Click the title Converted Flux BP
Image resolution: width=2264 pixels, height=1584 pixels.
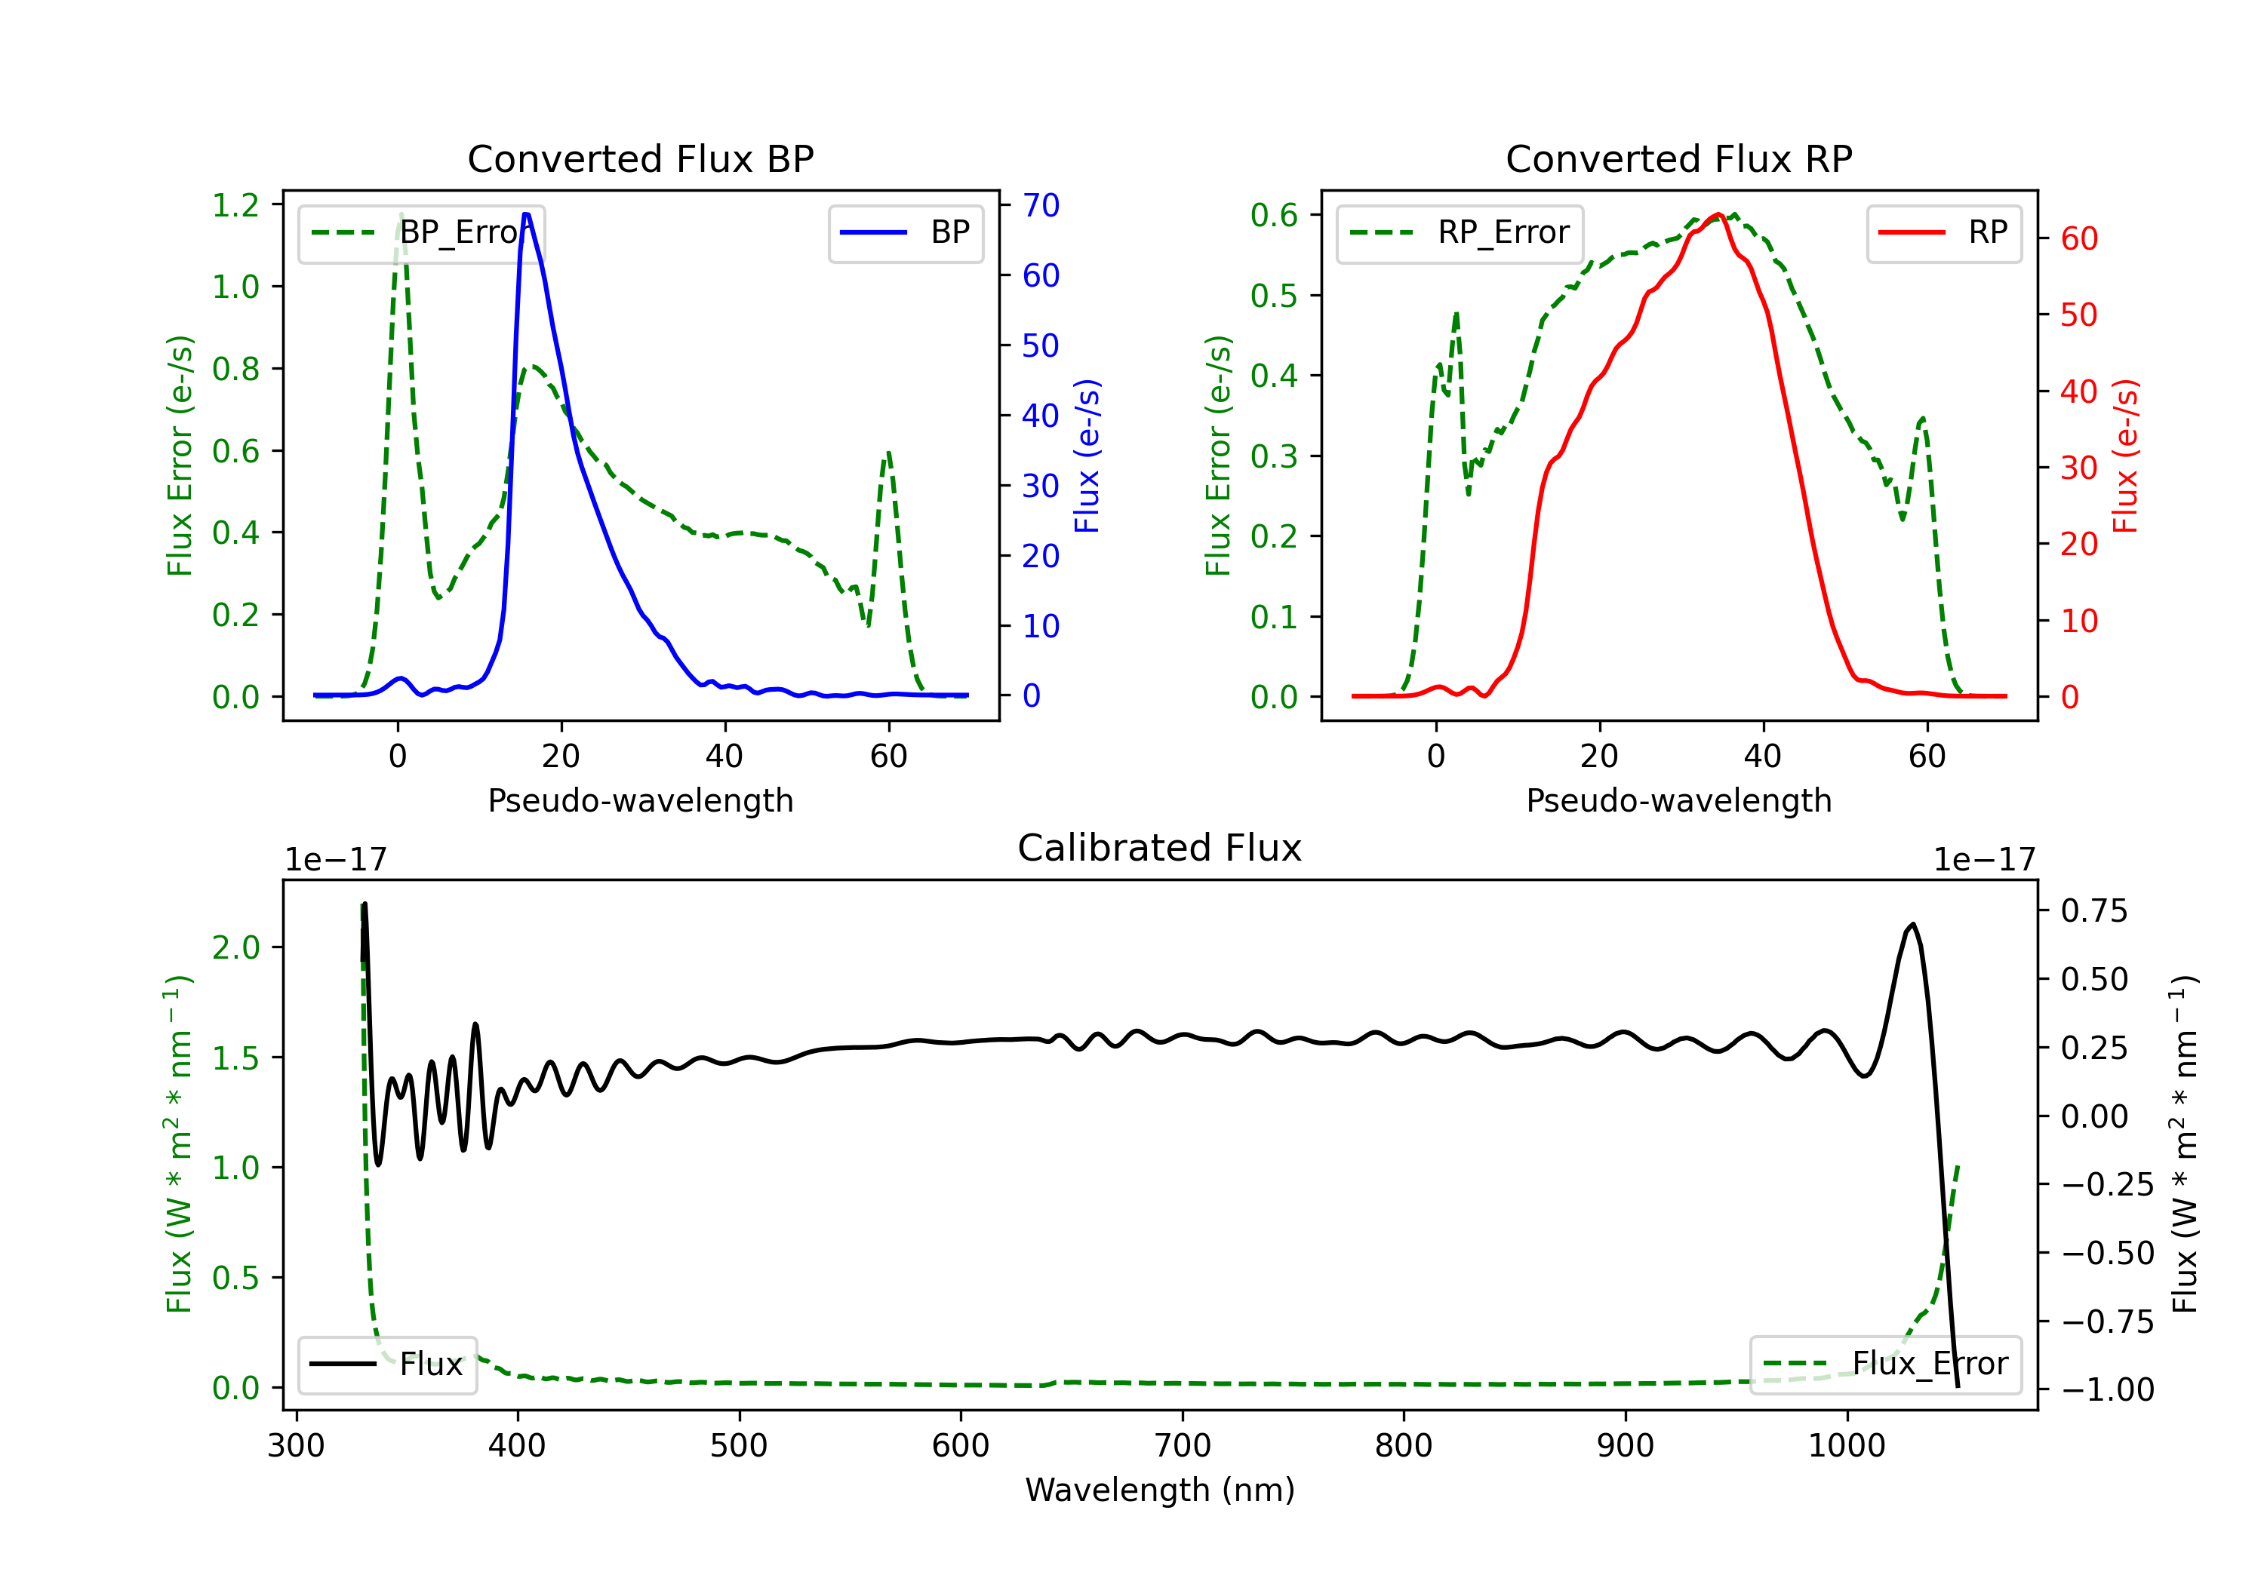tap(640, 158)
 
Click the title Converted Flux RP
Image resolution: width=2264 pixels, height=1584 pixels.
tap(1678, 158)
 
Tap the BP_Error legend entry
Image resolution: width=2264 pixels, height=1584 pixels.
tap(421, 232)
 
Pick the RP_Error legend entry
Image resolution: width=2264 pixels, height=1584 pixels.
tap(1460, 232)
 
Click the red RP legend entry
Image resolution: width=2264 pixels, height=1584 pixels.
tap(1945, 232)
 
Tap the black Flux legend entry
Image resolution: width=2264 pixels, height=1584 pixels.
tap(388, 1365)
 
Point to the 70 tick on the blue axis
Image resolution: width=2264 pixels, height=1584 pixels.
tap(1040, 205)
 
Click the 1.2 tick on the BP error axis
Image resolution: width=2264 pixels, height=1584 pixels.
tap(235, 205)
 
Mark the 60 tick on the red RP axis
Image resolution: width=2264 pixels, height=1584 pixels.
tap(2078, 238)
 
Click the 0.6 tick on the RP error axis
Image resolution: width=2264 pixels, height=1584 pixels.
tap(1274, 215)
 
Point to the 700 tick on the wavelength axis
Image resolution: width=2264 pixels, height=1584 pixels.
tap(1183, 1446)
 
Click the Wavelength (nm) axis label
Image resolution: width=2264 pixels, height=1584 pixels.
tap(1160, 1490)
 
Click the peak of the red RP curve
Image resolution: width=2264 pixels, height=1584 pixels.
tap(1718, 214)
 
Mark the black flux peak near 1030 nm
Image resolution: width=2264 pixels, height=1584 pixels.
tap(1913, 925)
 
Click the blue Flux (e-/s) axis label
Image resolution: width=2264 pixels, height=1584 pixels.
tap(1087, 456)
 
